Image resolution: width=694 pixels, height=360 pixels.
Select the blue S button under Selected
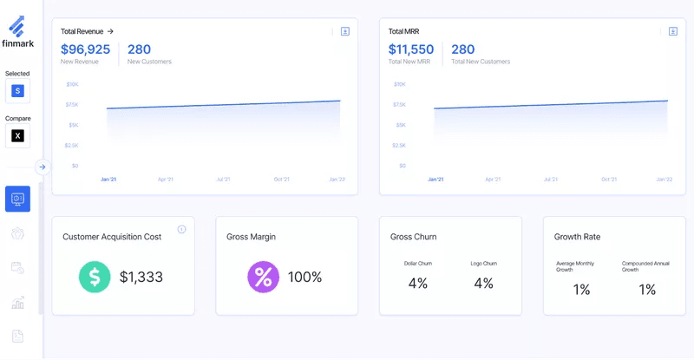(x=17, y=91)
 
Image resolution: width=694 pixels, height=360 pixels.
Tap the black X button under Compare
(x=17, y=135)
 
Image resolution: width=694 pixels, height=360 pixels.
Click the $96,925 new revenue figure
(x=85, y=49)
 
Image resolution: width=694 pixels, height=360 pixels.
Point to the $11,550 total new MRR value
(x=410, y=49)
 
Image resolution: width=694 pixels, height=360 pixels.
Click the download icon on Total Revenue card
(x=344, y=31)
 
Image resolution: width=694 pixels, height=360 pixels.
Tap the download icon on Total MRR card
(x=672, y=31)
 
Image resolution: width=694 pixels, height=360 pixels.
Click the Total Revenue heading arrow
(x=110, y=31)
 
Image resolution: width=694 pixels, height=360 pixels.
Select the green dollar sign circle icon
(x=95, y=277)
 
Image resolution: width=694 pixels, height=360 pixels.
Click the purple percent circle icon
(x=263, y=277)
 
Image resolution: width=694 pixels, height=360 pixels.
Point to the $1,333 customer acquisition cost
(x=141, y=277)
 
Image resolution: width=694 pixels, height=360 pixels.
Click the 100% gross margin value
(x=304, y=277)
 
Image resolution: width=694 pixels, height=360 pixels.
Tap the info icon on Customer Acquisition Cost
(x=181, y=229)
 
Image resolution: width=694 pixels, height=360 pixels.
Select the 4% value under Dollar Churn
(x=417, y=283)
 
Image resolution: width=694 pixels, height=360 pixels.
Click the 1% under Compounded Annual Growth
(x=647, y=290)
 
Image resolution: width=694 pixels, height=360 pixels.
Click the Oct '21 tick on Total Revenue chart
(x=281, y=180)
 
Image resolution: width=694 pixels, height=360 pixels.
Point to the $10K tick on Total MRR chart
(x=399, y=84)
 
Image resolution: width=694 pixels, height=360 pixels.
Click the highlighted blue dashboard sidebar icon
(x=17, y=199)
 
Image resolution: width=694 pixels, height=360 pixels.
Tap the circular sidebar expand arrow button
(x=43, y=167)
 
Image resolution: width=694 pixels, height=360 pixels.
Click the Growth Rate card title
(x=577, y=237)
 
